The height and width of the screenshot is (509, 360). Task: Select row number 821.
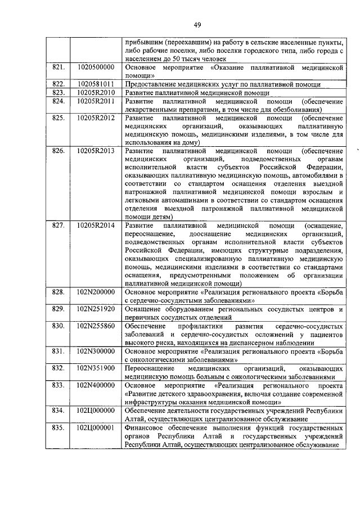[x=58, y=67]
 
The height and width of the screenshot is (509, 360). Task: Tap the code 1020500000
[x=96, y=67]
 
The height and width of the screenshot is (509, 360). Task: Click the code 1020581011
[x=96, y=84]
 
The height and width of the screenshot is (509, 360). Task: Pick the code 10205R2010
[x=96, y=92]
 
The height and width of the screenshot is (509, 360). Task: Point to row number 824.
[x=58, y=101]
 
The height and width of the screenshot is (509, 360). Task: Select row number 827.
[x=58, y=226]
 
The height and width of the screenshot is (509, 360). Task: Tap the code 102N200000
[x=96, y=292]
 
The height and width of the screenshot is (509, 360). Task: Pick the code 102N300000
[x=96, y=350]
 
